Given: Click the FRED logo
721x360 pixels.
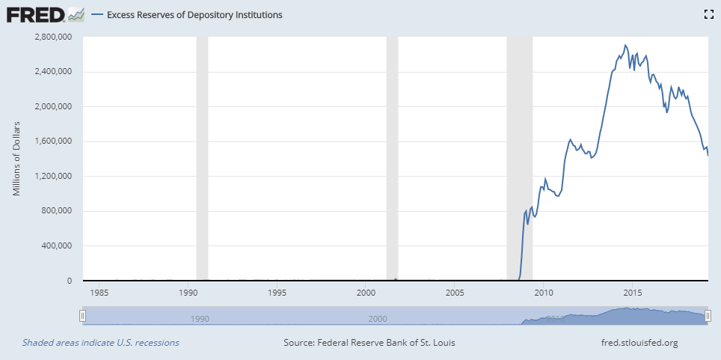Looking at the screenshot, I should (x=35, y=14).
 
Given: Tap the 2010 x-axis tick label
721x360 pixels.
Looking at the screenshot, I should (x=543, y=292).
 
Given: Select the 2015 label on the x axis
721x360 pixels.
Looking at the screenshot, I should (x=632, y=292).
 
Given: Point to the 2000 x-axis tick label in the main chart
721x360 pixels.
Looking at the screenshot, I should (x=366, y=292).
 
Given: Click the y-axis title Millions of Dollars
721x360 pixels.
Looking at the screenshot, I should (x=16, y=158).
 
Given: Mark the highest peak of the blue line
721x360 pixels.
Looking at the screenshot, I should (x=625, y=46).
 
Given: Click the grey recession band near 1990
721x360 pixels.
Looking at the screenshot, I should (x=201, y=158).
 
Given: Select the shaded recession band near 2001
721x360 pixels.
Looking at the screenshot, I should (x=391, y=158).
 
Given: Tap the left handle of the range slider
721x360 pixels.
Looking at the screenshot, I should (x=82, y=317).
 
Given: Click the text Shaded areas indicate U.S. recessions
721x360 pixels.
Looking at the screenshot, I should (x=100, y=343).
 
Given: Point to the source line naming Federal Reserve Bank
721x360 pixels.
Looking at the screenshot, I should (x=369, y=343).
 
